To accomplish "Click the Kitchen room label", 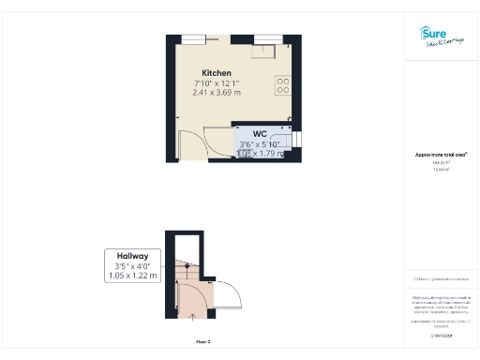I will click(x=217, y=73).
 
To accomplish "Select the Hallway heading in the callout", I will click(x=132, y=255).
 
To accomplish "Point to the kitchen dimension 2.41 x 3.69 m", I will click(x=217, y=94).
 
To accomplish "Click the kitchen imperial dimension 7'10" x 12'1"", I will click(x=217, y=83).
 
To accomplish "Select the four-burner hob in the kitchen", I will click(x=283, y=85).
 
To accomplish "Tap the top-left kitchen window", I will click(x=195, y=38).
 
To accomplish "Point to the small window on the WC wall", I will click(x=297, y=141).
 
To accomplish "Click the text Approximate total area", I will click(x=442, y=154).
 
